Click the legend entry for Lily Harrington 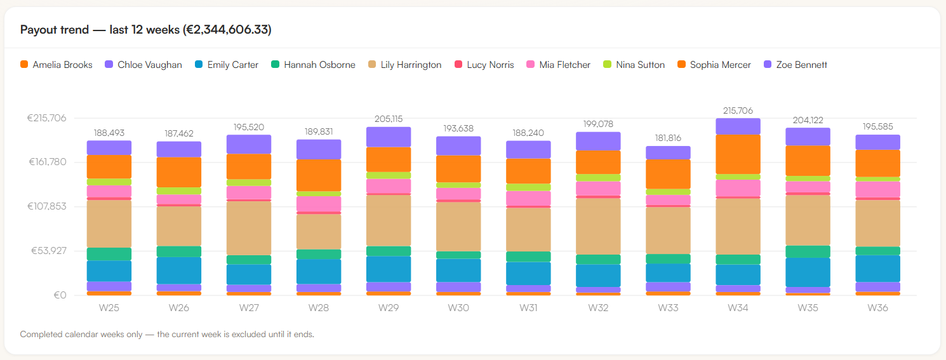tap(404, 65)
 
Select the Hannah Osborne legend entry tap(313, 65)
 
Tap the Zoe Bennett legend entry tap(796, 65)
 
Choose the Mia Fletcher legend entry tap(558, 65)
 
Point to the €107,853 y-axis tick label tap(47, 206)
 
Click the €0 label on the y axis tap(60, 295)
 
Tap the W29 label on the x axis tap(389, 307)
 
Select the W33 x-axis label tap(668, 307)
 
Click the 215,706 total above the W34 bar tap(738, 110)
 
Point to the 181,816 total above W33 tap(668, 138)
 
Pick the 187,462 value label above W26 tap(179, 133)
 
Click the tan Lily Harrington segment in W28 tap(319, 232)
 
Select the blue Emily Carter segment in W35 tap(808, 272)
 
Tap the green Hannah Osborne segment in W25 tap(109, 254)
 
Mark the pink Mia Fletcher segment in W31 tap(528, 198)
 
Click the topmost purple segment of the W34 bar tap(738, 126)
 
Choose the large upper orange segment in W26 tap(179, 173)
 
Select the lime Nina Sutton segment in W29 tap(389, 175)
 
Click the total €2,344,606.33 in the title tap(227, 30)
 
